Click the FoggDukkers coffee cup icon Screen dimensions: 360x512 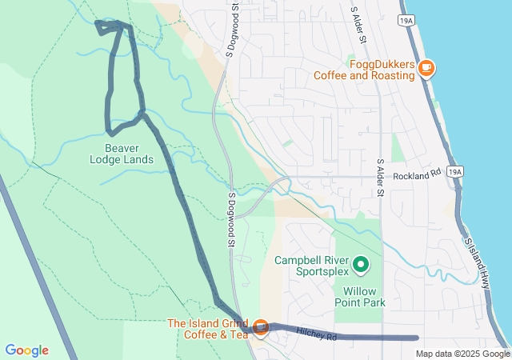(x=426, y=68)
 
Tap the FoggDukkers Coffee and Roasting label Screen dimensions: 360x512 (x=364, y=70)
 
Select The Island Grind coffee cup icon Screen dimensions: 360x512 (x=261, y=328)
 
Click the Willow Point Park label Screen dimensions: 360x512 (x=364, y=297)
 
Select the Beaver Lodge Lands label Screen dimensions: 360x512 (x=122, y=153)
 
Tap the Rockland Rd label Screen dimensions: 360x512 (x=418, y=174)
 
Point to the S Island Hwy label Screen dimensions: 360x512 (x=477, y=262)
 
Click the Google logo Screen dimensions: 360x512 (x=26, y=350)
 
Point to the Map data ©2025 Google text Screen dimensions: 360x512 (x=462, y=354)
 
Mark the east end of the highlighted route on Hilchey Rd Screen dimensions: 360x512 (x=417, y=338)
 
